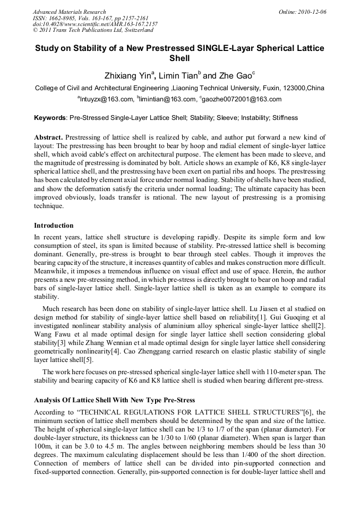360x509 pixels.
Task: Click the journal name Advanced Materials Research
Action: pyautogui.click(x=69, y=12)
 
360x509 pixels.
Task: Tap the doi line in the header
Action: pyautogui.click(x=95, y=24)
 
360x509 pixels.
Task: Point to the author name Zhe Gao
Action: pyautogui.click(x=233, y=76)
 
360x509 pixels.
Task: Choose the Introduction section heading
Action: pyautogui.click(x=54, y=226)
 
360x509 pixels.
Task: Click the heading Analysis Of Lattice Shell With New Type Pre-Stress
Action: pyautogui.click(x=114, y=400)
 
